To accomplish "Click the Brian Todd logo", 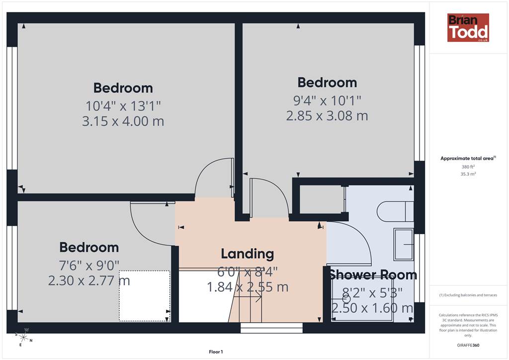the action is point(468,27).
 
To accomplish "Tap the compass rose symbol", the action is point(24,338).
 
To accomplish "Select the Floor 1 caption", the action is point(216,352).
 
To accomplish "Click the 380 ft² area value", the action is point(468,167).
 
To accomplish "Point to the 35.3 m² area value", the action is point(468,174).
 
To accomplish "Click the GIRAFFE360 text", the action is point(468,345).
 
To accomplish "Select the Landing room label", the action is point(248,254).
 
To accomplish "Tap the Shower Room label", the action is point(373,275).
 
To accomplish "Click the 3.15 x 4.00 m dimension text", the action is point(123,121).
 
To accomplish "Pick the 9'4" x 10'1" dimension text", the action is point(327,100).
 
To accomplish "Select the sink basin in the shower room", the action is point(404,244).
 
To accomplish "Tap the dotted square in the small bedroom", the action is point(145,296).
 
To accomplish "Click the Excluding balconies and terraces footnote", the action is point(468,295).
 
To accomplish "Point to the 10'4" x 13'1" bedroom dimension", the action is point(123,106).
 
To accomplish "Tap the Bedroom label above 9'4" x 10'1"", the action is point(327,83).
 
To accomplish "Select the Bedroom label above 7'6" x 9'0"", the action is point(89,247).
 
